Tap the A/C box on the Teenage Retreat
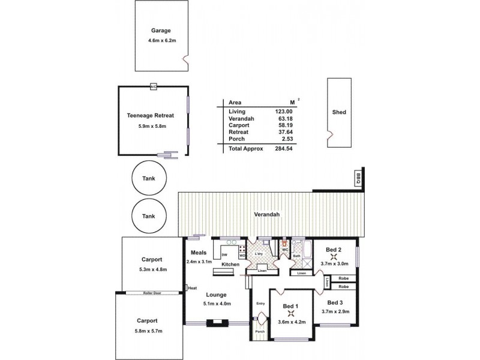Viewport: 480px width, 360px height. tap(154, 86)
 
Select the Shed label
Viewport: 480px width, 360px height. tap(338, 112)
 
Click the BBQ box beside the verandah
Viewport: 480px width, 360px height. tap(358, 178)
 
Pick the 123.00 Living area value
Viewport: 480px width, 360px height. tap(283, 112)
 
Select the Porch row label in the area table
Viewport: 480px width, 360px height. tap(236, 139)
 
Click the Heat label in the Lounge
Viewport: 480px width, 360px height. tap(193, 288)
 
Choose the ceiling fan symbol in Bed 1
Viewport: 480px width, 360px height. tap(291, 313)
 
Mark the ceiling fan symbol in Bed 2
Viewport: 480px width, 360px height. tap(333, 256)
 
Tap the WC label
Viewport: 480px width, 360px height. tap(286, 250)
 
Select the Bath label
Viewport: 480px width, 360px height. tap(296, 257)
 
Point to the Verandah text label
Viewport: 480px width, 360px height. tap(267, 214)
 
